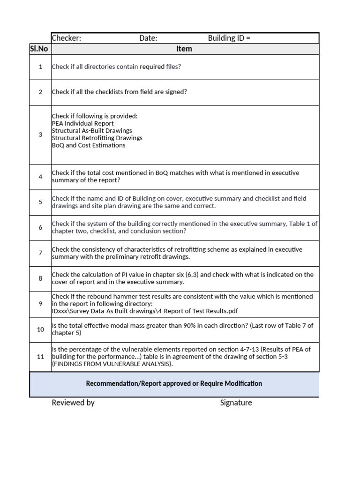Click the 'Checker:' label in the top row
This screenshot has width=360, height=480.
66,38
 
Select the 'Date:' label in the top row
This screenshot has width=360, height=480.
148,38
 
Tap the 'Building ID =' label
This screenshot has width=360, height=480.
229,38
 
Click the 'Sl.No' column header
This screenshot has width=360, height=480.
40,49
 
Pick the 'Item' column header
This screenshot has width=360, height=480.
184,49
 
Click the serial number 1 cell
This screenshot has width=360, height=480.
40,67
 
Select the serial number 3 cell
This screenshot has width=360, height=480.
40,135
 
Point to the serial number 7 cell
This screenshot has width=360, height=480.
40,253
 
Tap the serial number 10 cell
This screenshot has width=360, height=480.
40,330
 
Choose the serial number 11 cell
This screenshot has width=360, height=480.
40,357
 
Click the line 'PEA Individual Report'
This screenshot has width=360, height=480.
83,124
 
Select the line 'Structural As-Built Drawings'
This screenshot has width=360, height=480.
92,131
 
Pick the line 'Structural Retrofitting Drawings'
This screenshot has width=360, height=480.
97,138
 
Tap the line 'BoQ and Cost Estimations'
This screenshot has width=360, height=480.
89,145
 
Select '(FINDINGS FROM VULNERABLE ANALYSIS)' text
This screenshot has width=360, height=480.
112,364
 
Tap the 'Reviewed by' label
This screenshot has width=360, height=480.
73,403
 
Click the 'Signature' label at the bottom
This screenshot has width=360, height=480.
236,403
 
